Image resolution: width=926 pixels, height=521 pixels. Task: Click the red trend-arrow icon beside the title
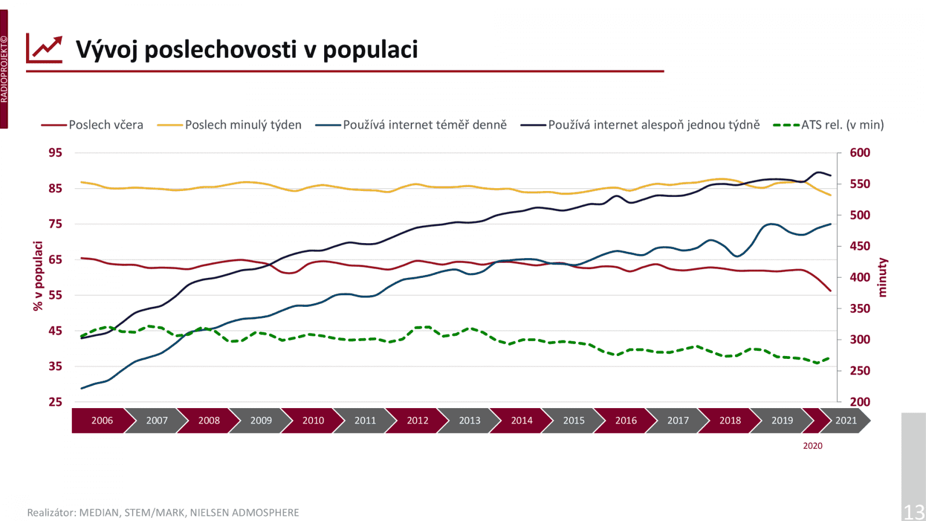[x=45, y=49]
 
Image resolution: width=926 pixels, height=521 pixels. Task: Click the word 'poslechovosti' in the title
[x=221, y=50]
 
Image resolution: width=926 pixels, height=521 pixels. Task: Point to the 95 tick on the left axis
[x=56, y=153]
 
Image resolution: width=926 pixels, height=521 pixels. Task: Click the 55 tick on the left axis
[x=56, y=295]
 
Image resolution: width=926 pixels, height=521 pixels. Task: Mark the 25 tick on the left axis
[x=56, y=402]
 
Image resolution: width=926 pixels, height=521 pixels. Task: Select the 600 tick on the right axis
[x=859, y=153]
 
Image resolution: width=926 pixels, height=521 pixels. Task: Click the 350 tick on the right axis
[x=859, y=309]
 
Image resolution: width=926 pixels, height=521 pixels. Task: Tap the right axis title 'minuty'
[x=882, y=278]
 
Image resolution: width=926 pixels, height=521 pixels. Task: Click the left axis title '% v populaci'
[x=38, y=276]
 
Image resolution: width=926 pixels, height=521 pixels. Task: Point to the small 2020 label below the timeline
[x=812, y=446]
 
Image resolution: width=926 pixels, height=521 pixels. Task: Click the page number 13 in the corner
[x=914, y=512]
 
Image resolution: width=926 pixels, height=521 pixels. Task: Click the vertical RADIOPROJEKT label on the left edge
[x=4, y=69]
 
